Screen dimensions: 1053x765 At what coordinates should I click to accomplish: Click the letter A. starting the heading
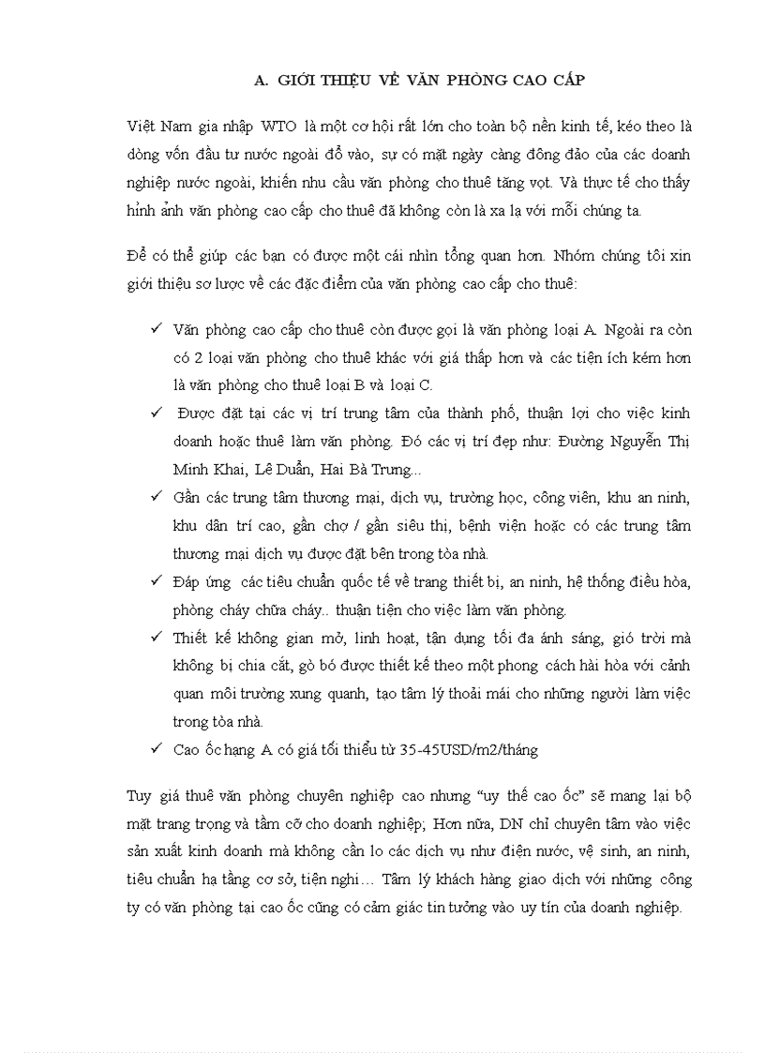coord(262,80)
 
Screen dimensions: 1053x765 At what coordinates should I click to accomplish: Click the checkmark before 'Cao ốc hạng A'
coord(156,749)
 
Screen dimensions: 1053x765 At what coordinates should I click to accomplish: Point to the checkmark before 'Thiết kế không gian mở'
coord(156,638)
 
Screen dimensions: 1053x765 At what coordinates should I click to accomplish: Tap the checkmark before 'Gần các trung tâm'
coord(156,497)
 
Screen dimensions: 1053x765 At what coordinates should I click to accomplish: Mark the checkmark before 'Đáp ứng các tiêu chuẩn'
coord(156,581)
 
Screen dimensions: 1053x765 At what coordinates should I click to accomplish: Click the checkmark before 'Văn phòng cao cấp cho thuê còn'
coord(156,329)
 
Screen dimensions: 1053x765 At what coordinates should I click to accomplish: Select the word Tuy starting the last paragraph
coord(139,797)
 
